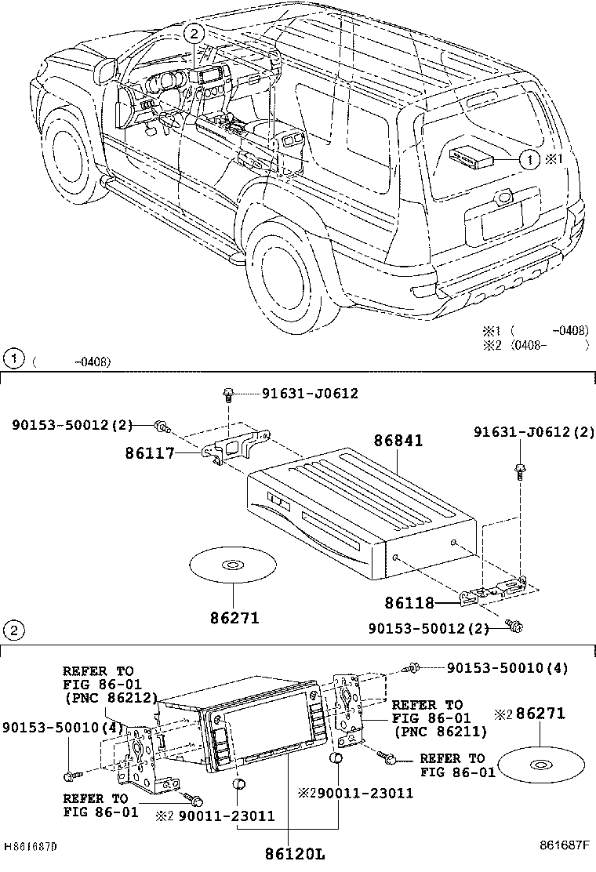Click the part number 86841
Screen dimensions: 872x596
(397, 441)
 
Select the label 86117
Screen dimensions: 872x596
(149, 452)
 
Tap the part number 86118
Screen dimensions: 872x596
(409, 603)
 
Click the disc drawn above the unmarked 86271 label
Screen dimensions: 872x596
(233, 565)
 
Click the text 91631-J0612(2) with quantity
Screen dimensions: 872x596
(533, 432)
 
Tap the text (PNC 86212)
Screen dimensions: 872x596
(111, 698)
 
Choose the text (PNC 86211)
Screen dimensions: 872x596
(439, 732)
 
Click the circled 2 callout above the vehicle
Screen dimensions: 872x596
(195, 33)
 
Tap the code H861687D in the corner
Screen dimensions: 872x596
(31, 848)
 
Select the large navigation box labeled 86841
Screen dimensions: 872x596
(361, 510)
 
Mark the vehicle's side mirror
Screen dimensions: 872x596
(104, 74)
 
